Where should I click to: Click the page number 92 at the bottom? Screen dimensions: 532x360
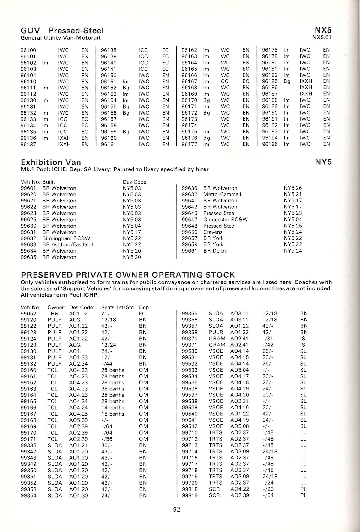pos(176,509)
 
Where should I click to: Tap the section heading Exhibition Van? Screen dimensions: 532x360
pos(51,162)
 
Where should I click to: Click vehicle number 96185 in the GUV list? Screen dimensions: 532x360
pos(270,81)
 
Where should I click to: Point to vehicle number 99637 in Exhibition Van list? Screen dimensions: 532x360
pos(190,194)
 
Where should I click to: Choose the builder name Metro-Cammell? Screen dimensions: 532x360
pos(223,194)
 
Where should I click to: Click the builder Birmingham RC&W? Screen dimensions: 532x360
pos(67,238)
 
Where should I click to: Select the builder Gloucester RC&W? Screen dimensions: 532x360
pos(226,220)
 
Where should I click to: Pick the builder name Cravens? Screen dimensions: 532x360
pos(213,232)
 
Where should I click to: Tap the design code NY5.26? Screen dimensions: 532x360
pos(293,188)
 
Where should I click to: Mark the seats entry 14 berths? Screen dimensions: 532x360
pos(112,408)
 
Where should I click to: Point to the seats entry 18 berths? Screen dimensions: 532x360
pos(112,414)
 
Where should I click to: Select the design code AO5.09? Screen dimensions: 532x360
pos(78,420)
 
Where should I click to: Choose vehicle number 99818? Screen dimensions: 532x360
pos(190,489)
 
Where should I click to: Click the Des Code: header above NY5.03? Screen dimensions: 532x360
pos(135,182)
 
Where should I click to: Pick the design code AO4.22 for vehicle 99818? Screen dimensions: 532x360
pos(239,489)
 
